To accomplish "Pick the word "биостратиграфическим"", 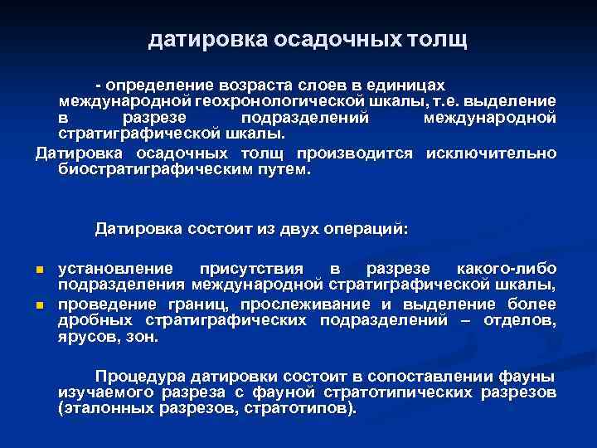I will tap(153, 169).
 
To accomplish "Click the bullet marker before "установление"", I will tap(38, 270).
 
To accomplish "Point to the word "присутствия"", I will tap(252, 270).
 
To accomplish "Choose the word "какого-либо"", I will tap(506, 270).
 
